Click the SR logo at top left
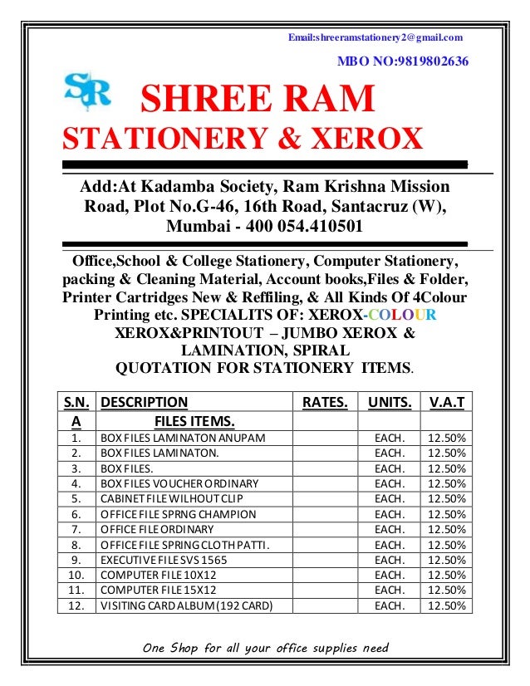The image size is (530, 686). (86, 91)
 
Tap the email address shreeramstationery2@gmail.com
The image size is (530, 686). (375, 37)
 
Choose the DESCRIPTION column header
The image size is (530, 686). (144, 402)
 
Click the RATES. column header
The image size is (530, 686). (324, 402)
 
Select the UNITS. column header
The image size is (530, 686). (389, 402)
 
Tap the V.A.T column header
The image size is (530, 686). (447, 402)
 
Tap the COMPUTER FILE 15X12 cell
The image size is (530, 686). (156, 590)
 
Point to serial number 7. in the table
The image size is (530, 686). (76, 529)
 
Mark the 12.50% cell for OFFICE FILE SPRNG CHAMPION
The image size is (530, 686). (446, 514)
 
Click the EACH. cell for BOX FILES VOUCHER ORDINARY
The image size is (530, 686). (389, 483)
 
